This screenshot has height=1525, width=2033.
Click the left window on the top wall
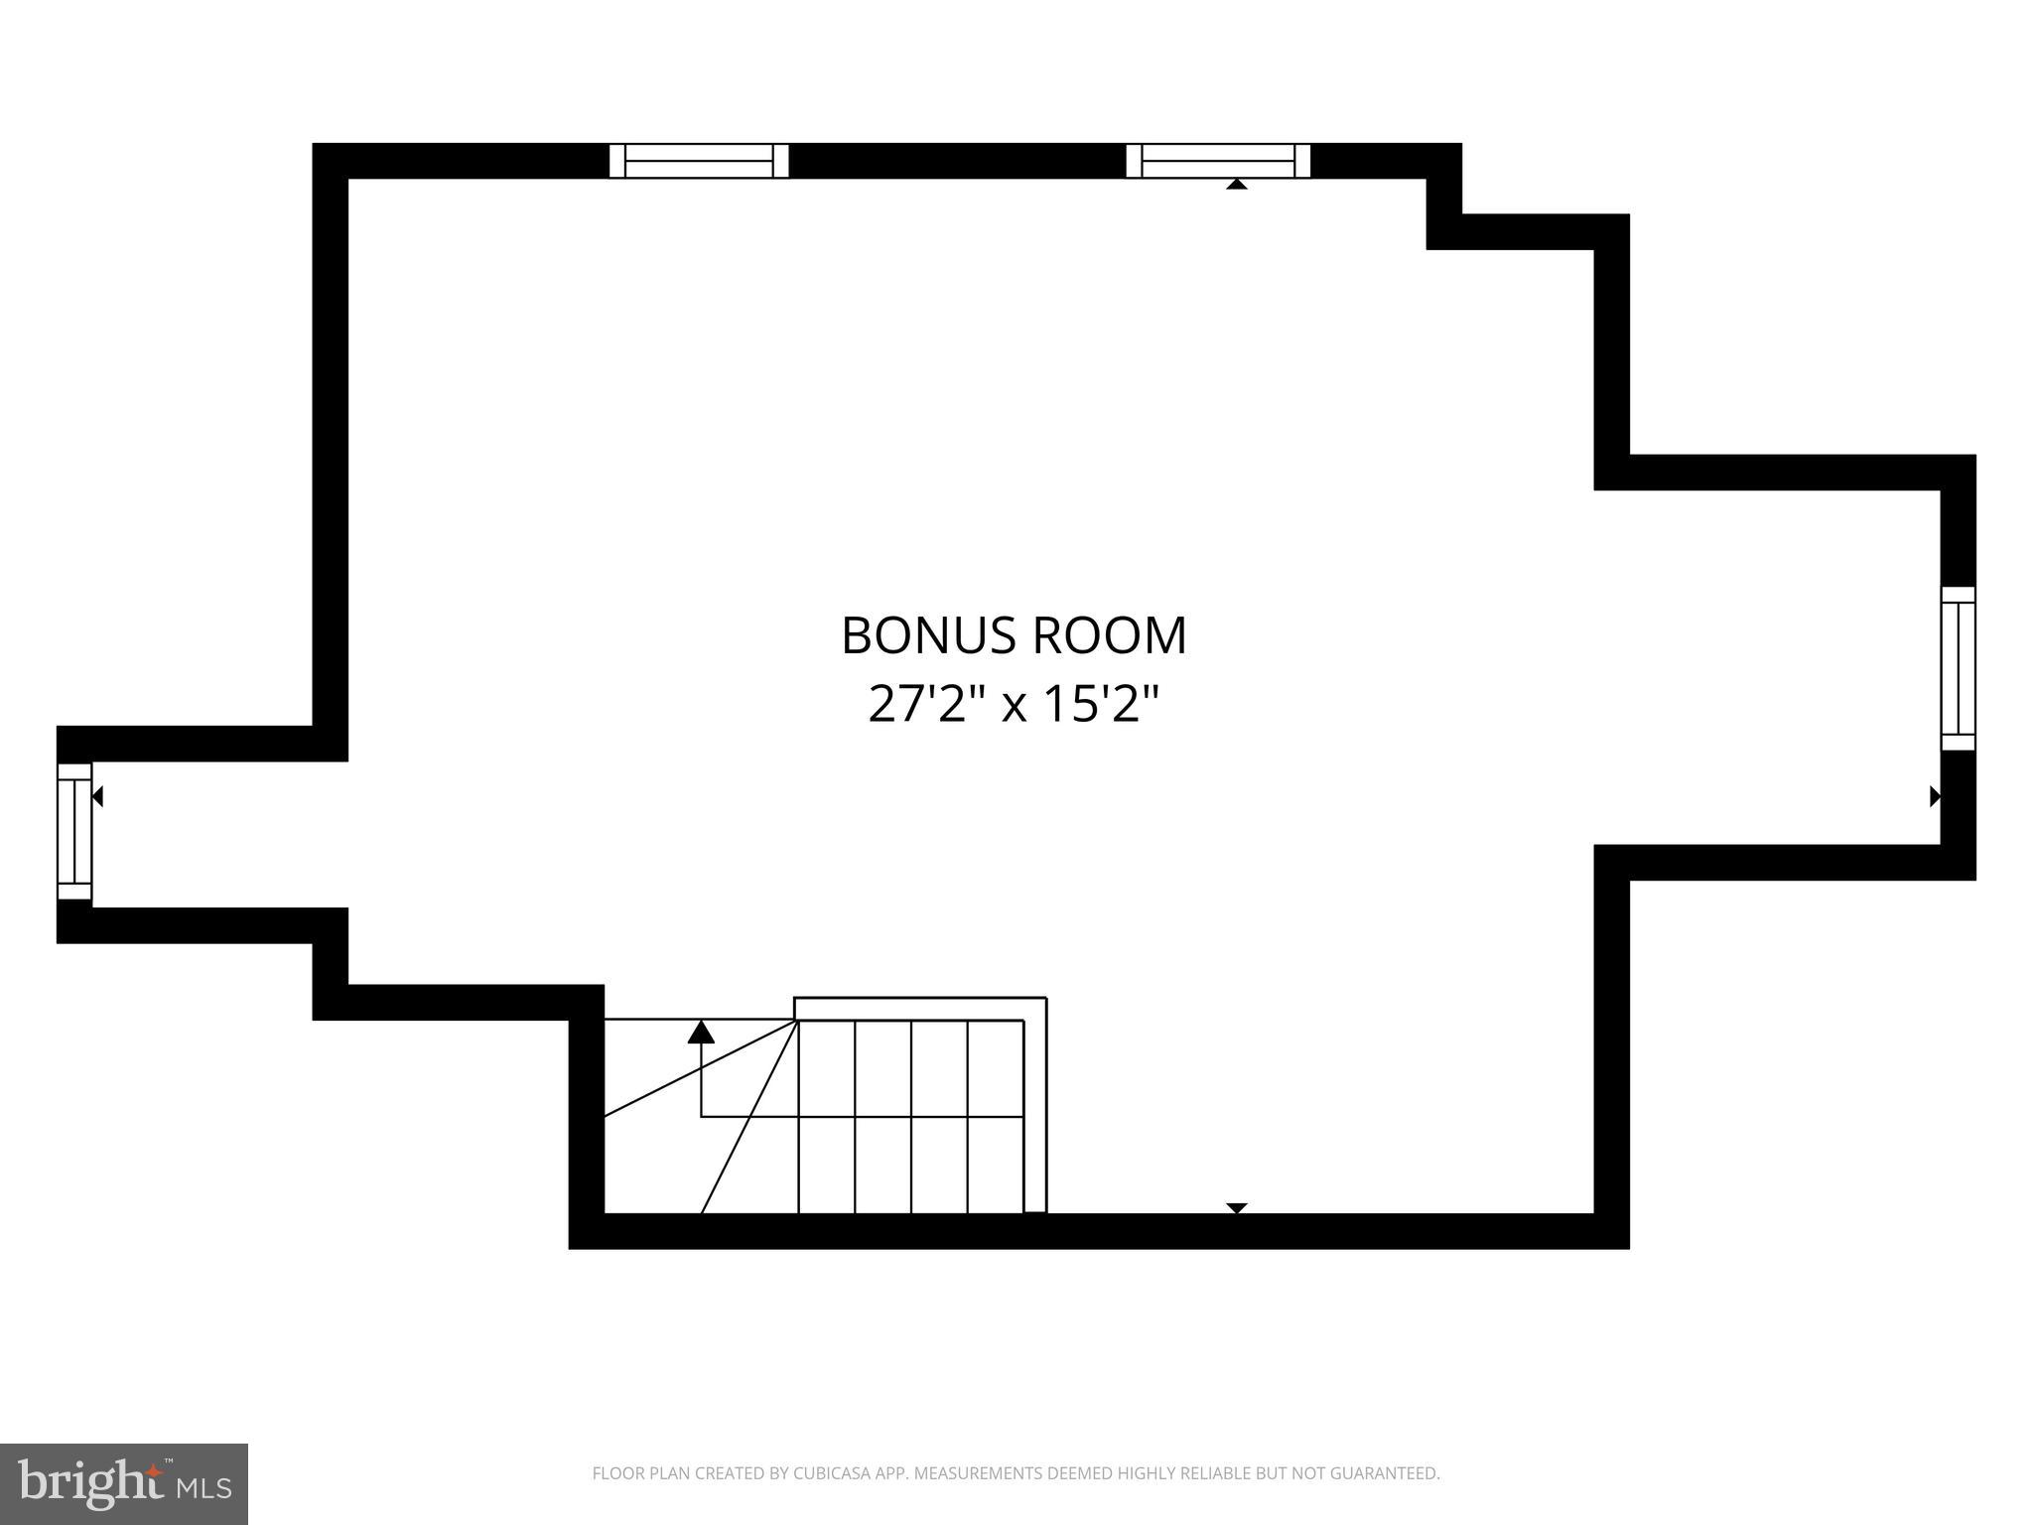pos(699,161)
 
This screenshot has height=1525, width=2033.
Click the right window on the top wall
pos(1218,161)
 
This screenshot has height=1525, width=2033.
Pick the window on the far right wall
pos(1958,668)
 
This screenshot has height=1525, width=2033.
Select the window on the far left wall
pos(74,831)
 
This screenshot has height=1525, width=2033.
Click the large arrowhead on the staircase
pos(701,1033)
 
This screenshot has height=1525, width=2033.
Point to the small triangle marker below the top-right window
pos(1236,184)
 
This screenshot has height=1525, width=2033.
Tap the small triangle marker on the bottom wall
pos(1236,1207)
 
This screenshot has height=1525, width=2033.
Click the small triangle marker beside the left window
pos(97,795)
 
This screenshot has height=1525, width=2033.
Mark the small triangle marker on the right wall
pos(1934,795)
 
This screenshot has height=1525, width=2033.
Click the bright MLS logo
pos(124,1483)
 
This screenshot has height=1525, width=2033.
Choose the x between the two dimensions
pos(1014,706)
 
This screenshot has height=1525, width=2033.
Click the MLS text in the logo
pos(204,1488)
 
